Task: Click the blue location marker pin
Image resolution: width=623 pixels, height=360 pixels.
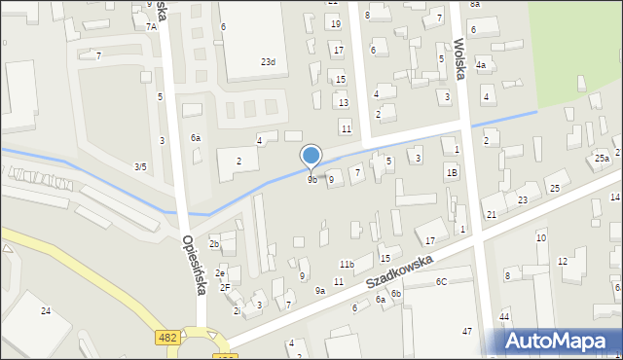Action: (311, 157)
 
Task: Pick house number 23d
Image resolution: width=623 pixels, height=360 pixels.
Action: (268, 62)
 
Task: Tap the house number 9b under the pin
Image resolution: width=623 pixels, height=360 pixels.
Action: (312, 180)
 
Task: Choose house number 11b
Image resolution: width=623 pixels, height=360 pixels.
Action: (347, 265)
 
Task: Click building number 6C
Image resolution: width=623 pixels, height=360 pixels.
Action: (441, 282)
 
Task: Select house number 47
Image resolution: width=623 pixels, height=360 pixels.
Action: (467, 332)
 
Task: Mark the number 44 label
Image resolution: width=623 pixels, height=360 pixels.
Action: (504, 317)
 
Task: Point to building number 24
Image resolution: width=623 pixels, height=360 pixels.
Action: (46, 310)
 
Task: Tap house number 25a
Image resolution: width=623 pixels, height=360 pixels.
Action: (603, 158)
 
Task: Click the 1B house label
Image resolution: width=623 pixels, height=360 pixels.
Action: (452, 172)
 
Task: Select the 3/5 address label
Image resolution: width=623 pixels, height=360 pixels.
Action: (140, 167)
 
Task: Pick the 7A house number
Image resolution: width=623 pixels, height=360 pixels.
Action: (151, 27)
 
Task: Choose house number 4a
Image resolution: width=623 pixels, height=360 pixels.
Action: (481, 65)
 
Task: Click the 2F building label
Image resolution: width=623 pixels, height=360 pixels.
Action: (225, 288)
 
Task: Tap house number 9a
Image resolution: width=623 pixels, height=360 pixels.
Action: (319, 291)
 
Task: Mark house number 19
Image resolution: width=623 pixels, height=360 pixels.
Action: (336, 23)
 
